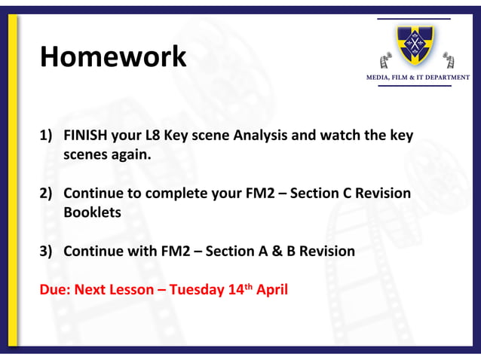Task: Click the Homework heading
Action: pyautogui.click(x=113, y=56)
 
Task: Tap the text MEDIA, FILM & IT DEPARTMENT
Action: pyautogui.click(x=417, y=78)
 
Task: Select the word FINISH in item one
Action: pyautogui.click(x=86, y=136)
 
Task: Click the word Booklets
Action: pyautogui.click(x=92, y=212)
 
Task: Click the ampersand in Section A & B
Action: pyautogui.click(x=274, y=251)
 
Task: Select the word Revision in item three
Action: pyautogui.click(x=326, y=251)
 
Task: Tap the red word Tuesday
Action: pyautogui.click(x=196, y=289)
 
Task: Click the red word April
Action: pyautogui.click(x=272, y=289)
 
